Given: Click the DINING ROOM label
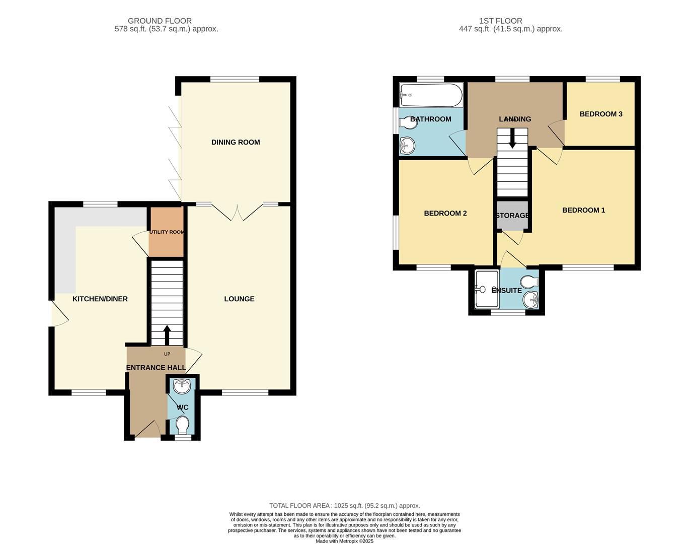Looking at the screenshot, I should coord(236,142).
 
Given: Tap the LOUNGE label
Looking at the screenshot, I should coord(239,299).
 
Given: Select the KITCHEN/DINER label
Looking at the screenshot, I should coord(100,299).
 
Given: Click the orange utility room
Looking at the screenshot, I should coord(166,239).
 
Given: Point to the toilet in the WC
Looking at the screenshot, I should coord(182,425).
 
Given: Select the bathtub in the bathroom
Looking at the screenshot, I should coord(431,95).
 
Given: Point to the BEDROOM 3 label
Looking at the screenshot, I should coord(601,114).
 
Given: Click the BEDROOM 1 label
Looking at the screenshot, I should coord(583,210).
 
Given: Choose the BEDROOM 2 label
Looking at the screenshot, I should coord(445,213).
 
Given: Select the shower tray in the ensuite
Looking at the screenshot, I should coord(486,289).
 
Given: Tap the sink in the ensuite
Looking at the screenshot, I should coord(530,300).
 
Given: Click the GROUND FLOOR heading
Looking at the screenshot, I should coord(160,21).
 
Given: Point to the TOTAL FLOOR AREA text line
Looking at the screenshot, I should coord(344,505).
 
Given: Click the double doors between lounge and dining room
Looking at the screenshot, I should coord(237,212).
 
